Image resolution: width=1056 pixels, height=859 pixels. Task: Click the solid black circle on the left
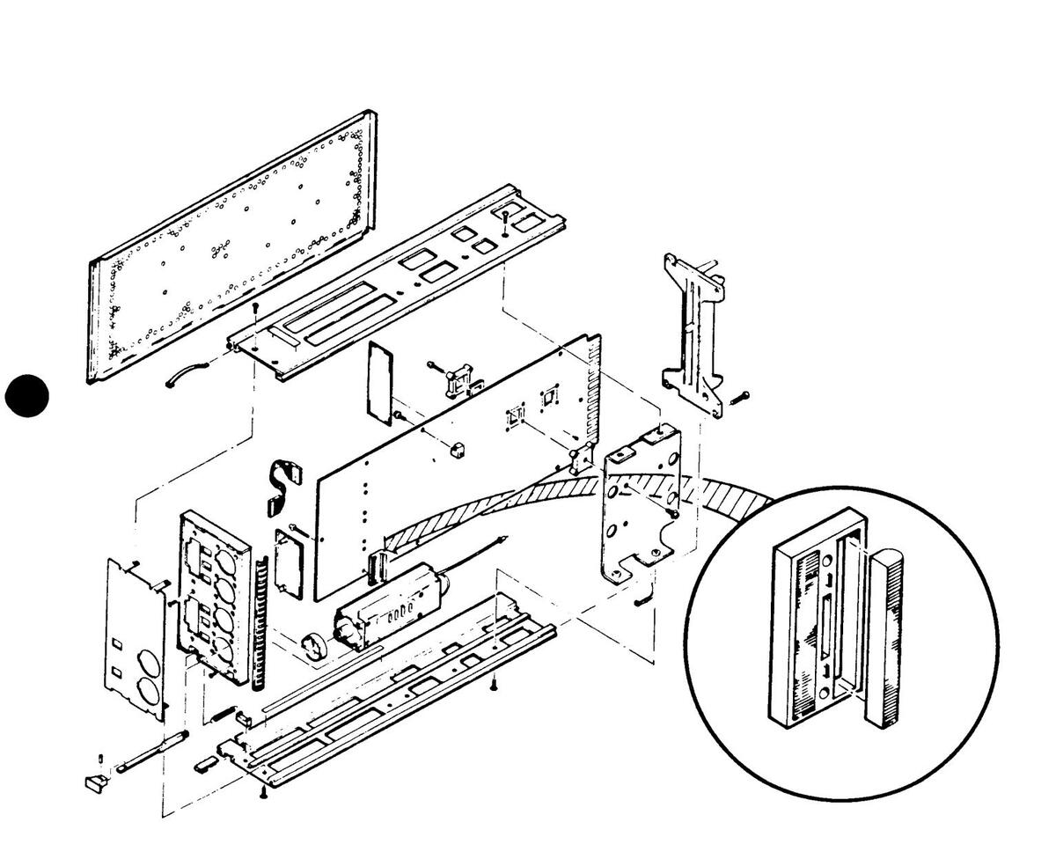27,395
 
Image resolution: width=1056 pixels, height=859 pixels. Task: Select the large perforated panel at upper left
229,251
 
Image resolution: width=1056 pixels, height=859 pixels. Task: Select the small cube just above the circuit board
457,450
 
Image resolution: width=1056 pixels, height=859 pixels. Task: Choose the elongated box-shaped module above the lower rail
388,607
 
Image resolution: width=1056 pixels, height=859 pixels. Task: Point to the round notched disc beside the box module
313,647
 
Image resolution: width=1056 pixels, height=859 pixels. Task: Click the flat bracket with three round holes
639,510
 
